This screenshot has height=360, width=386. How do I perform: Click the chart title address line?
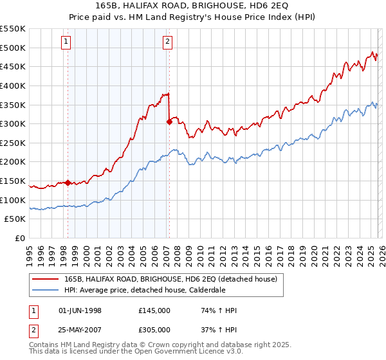point(193,6)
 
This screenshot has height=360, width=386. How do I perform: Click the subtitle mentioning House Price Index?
point(193,17)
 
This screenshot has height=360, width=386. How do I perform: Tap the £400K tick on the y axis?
point(13,85)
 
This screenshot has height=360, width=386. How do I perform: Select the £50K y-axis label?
point(15,219)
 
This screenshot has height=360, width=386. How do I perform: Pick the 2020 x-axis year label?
point(313,254)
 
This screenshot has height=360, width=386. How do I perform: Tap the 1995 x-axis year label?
point(29,254)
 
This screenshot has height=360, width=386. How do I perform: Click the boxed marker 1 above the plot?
point(67,42)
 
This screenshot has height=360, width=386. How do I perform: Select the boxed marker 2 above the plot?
point(167,42)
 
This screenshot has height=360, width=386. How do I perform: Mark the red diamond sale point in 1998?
point(68,183)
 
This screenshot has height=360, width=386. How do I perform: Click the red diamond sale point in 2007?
point(169,122)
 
